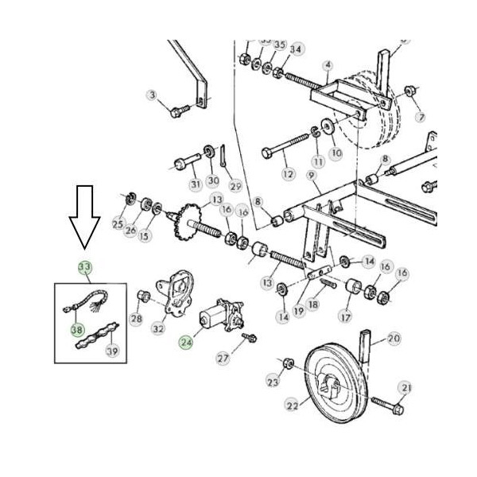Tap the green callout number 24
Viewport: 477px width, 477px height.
[185, 343]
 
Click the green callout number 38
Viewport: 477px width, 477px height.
[76, 328]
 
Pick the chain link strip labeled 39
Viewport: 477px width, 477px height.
[95, 332]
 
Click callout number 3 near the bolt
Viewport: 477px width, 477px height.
[152, 96]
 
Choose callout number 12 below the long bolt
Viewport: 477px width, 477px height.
[289, 173]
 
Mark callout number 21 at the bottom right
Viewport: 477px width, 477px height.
[405, 387]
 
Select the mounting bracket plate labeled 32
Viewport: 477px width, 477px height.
[174, 294]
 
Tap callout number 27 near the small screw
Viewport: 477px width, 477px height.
[222, 358]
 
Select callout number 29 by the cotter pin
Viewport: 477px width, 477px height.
[235, 186]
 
